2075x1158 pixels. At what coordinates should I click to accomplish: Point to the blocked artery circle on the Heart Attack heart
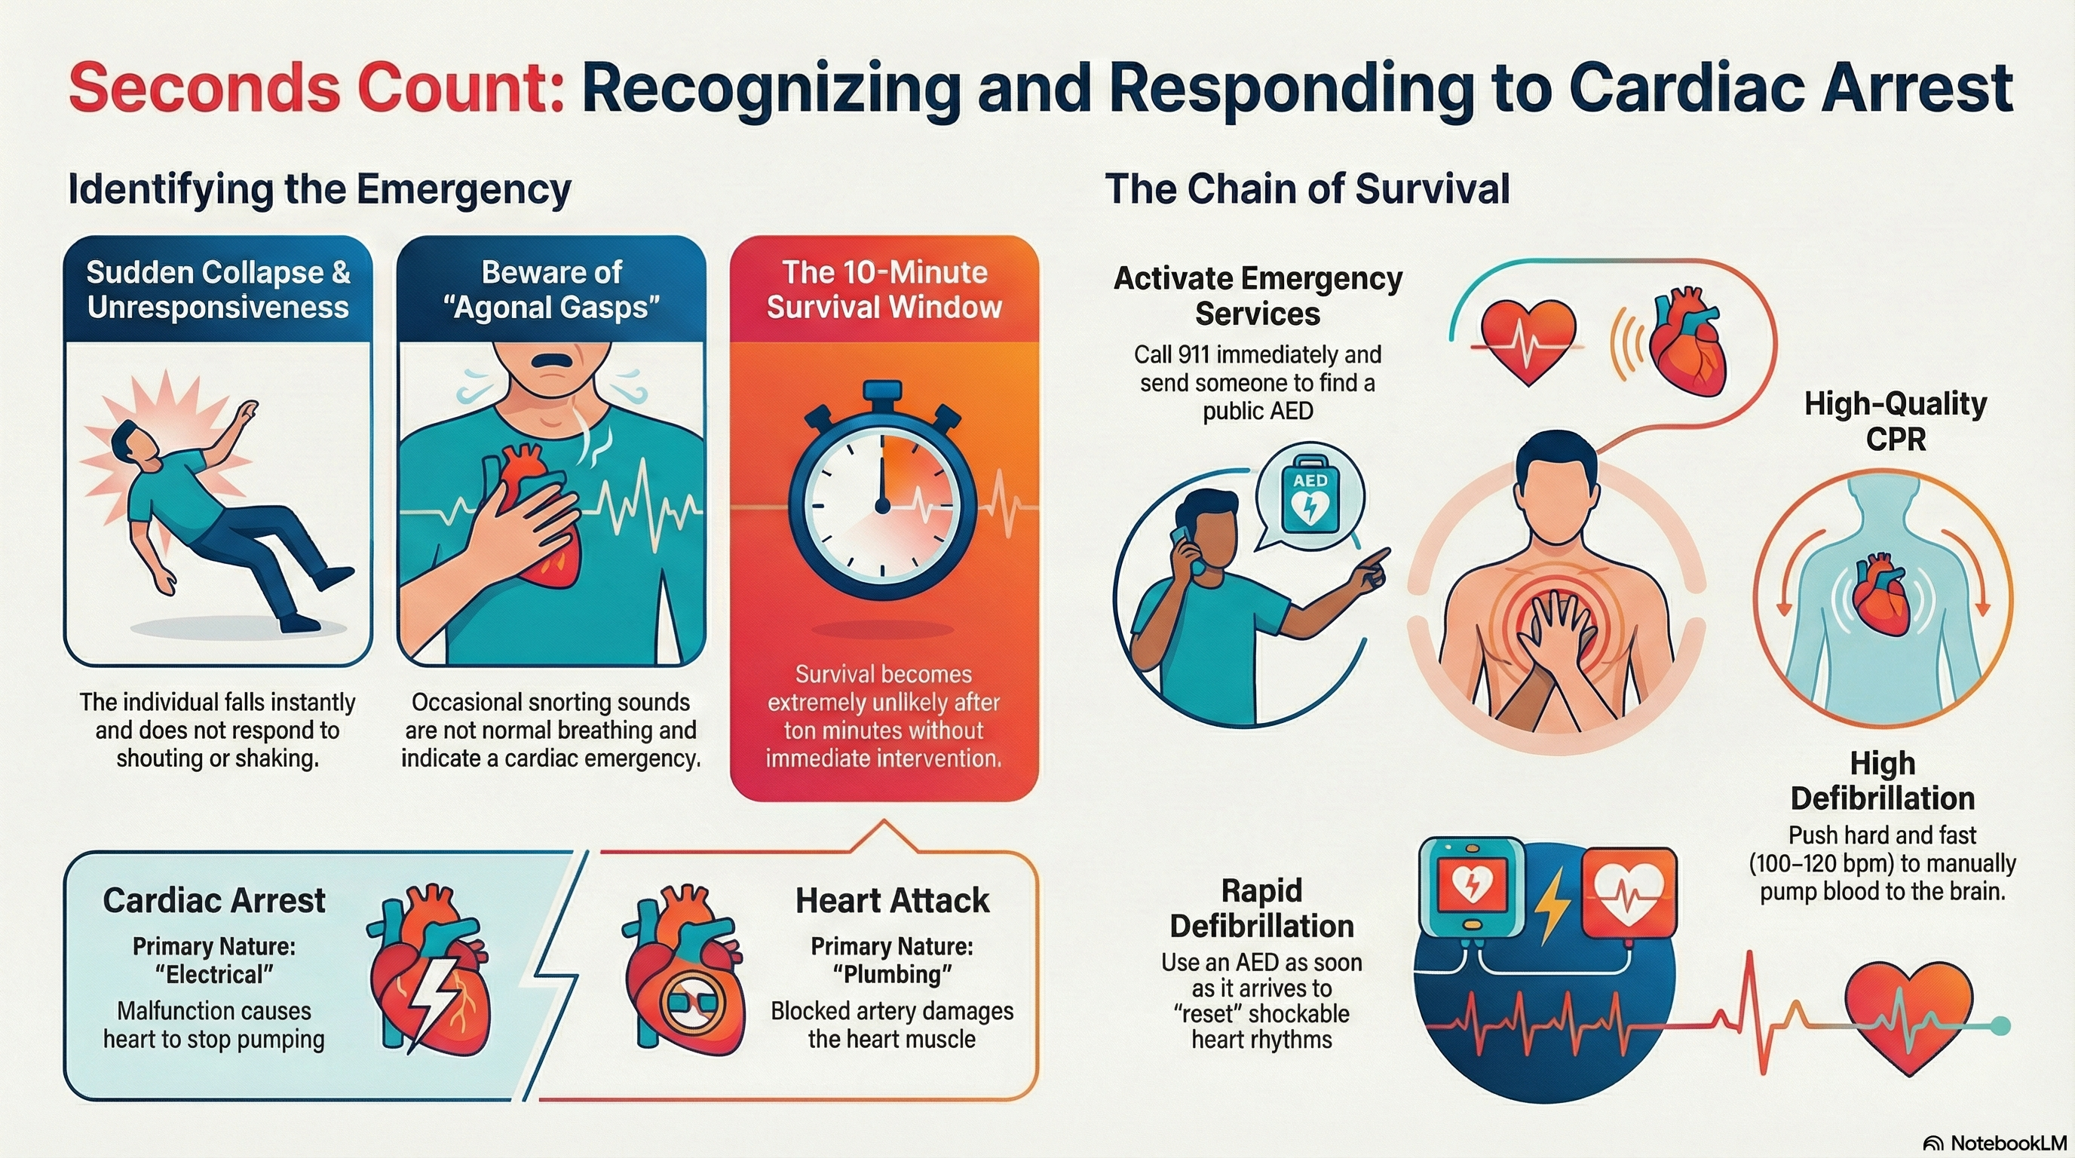pyautogui.click(x=692, y=1004)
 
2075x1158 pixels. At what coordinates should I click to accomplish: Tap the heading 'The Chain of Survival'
pyautogui.click(x=1307, y=190)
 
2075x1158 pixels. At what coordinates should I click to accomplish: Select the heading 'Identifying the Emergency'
pyautogui.click(x=319, y=190)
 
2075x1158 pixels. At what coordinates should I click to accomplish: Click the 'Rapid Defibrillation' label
pyautogui.click(x=1261, y=908)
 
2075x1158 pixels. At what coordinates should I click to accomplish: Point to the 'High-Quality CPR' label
pyautogui.click(x=1896, y=421)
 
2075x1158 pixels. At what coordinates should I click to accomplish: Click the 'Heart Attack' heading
pyautogui.click(x=892, y=900)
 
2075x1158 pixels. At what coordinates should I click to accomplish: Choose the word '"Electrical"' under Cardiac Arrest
pyautogui.click(x=214, y=974)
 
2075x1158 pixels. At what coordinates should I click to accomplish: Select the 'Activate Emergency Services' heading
pyautogui.click(x=1258, y=296)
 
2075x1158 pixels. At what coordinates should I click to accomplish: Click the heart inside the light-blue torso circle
pyautogui.click(x=1883, y=594)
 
